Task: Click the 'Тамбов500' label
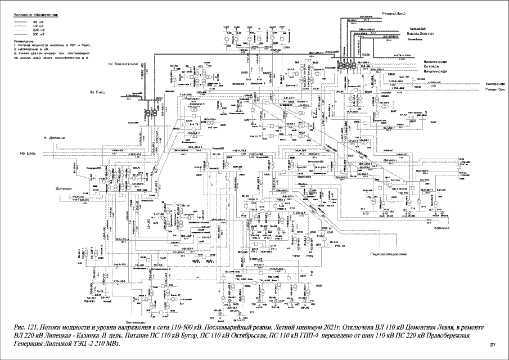tap(417, 29)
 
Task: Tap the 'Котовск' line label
tap(435, 66)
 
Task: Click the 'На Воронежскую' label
tap(123, 65)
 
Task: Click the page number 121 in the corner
tap(493, 344)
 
